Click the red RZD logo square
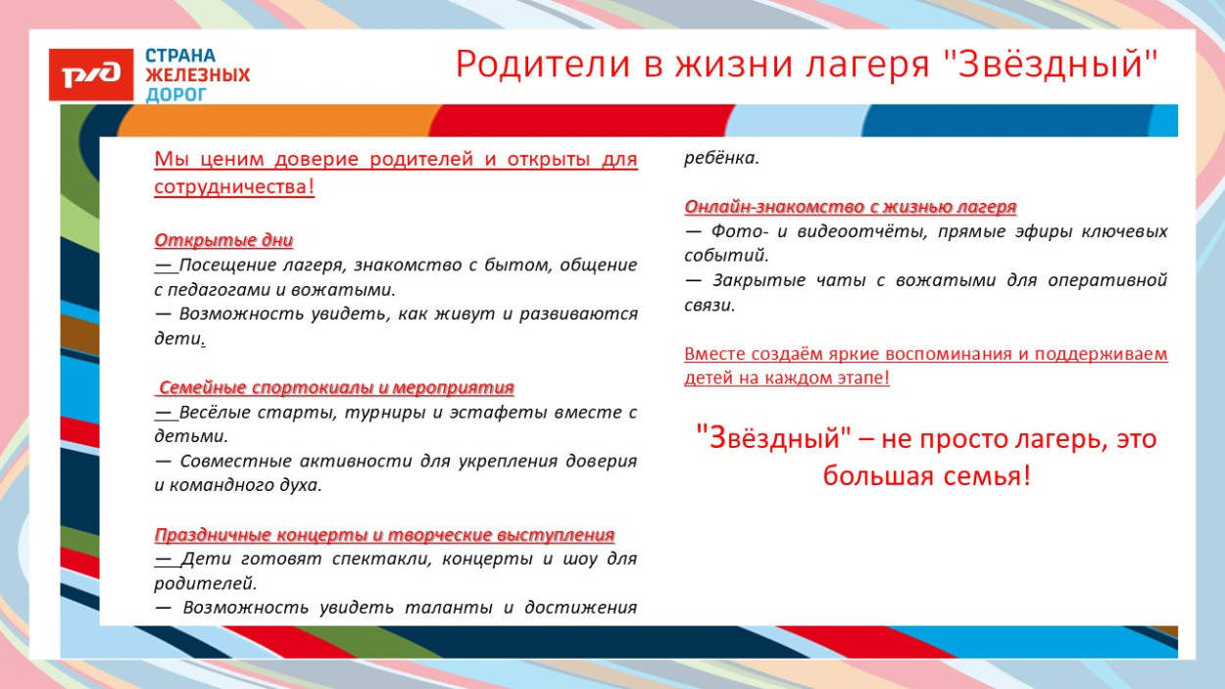(90, 74)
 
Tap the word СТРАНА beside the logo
(180, 56)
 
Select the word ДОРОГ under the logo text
(177, 95)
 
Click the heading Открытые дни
(223, 240)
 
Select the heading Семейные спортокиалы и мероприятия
(336, 387)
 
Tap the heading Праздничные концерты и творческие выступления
(384, 534)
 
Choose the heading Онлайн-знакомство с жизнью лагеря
(850, 207)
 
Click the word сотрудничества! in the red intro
(234, 186)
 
